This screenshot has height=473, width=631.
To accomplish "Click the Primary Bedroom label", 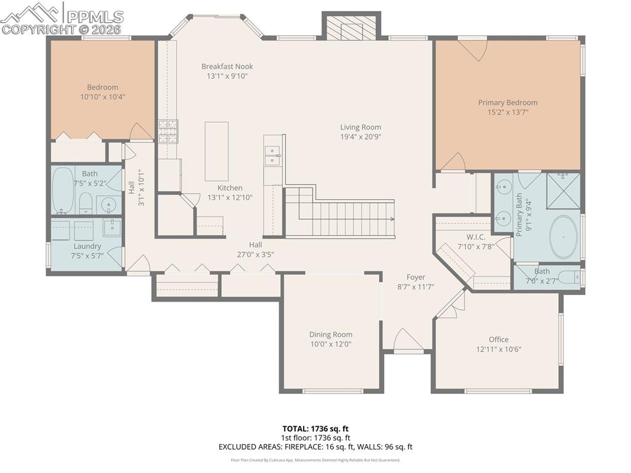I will point(508,102).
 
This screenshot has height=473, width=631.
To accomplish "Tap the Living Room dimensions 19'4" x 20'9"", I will point(360,137).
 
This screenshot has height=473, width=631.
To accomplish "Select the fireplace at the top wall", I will point(351,27).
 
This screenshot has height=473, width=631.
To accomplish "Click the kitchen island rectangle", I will point(216,151).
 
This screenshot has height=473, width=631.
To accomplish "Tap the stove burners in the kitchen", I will point(168,131).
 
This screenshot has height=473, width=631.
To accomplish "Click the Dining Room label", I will point(330,334).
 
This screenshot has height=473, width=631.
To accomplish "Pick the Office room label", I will point(499,339).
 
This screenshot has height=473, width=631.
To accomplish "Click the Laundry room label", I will point(87,246).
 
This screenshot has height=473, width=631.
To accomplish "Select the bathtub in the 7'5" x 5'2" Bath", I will point(62,190).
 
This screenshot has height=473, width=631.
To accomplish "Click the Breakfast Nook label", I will point(227,67).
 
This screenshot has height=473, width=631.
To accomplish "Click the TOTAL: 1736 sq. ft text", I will point(315,429).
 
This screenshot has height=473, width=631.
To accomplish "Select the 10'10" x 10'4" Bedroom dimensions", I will point(102,97).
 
